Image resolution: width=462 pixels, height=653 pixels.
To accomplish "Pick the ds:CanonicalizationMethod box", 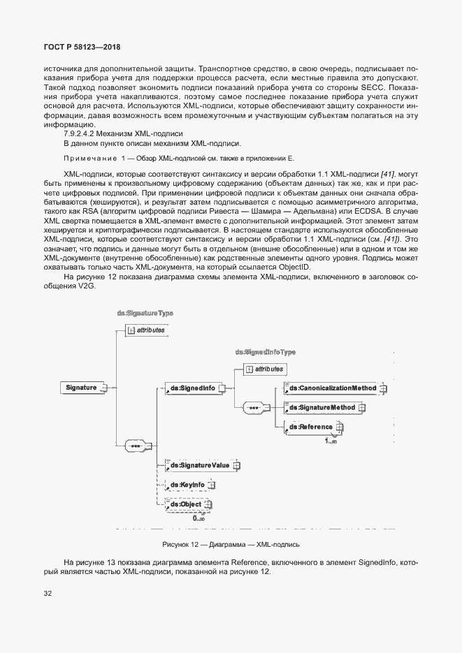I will [x=333, y=388].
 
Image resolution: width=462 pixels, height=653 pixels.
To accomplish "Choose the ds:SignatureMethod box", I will [x=323, y=407].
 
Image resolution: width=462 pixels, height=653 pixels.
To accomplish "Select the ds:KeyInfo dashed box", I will [x=187, y=484].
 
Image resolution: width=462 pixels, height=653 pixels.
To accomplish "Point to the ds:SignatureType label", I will [x=145, y=314].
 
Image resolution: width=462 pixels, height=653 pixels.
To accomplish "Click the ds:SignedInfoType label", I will [x=266, y=353].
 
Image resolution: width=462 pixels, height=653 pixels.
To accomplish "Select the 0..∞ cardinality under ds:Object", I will [x=198, y=518].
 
